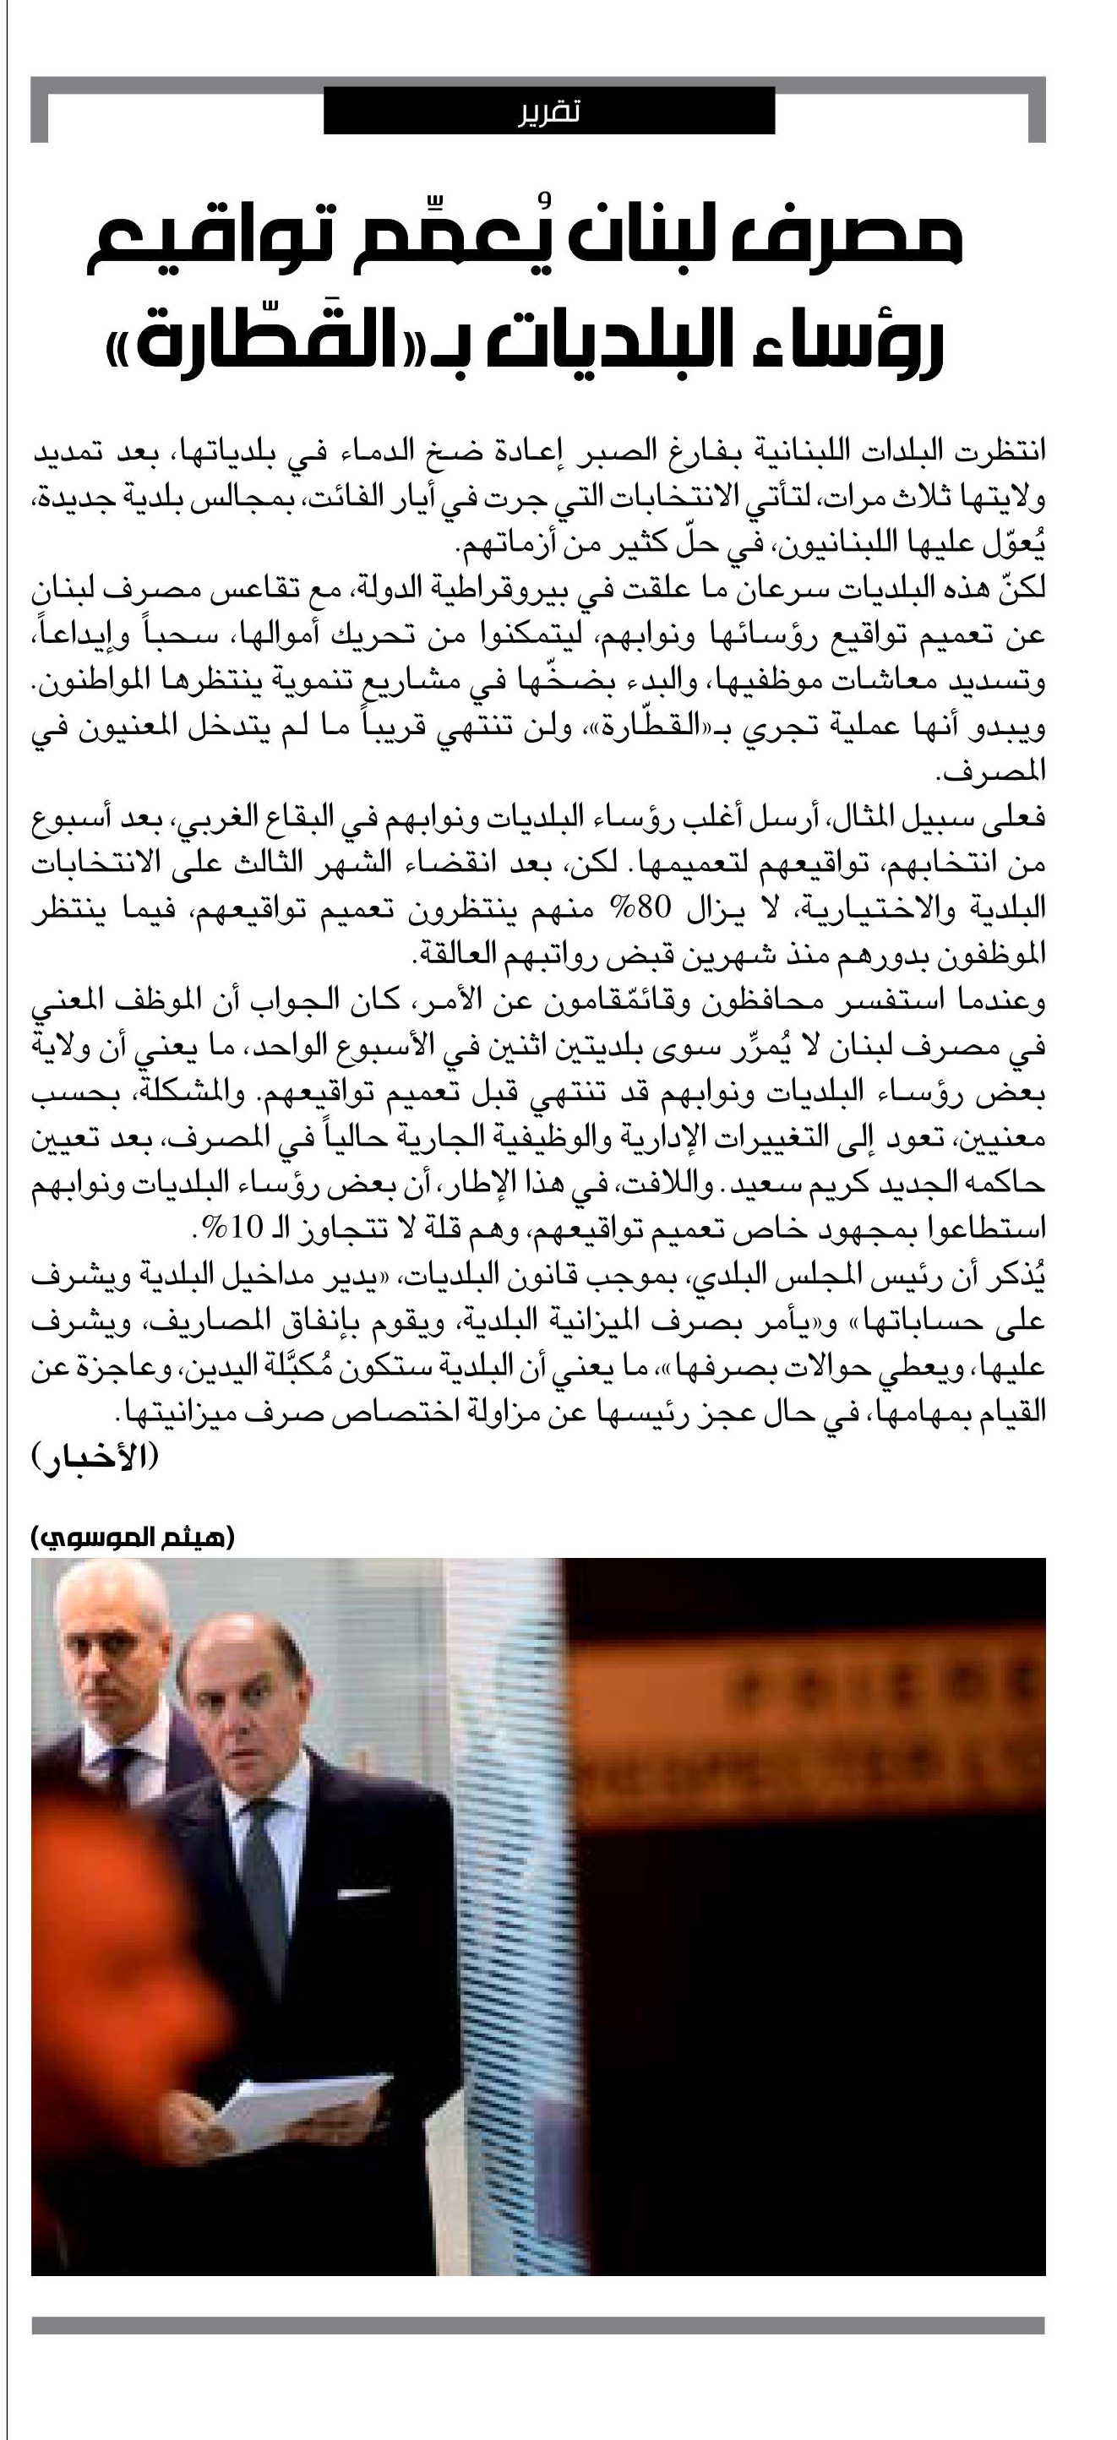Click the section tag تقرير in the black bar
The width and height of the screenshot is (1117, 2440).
[548, 112]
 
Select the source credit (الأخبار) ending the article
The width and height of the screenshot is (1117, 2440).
[95, 1457]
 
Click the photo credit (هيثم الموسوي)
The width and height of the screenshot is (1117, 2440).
[133, 1536]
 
